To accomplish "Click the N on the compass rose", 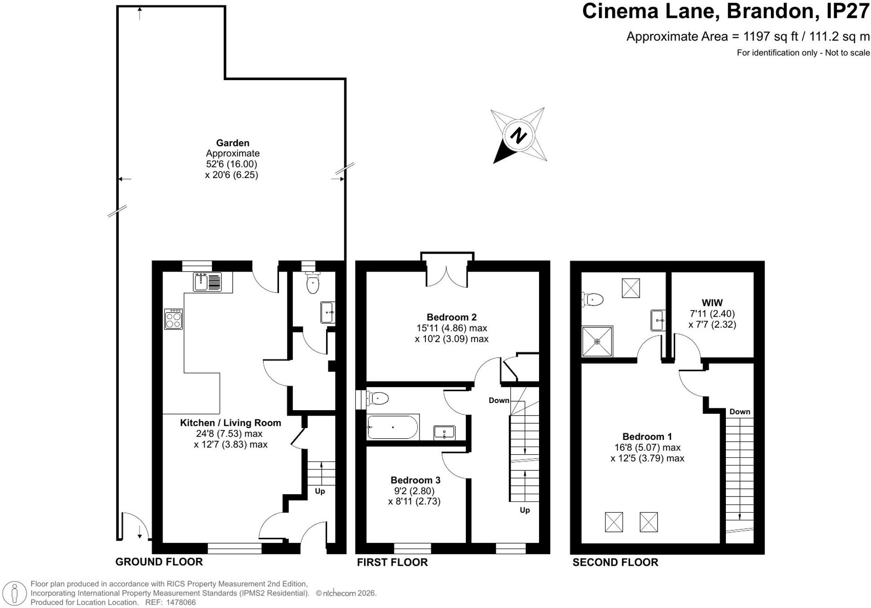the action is (518, 135).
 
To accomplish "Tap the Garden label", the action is (233, 143).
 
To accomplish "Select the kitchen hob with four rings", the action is (173, 319).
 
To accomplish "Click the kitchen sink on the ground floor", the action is (208, 282).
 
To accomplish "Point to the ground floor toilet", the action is (312, 282).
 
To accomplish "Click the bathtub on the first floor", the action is (393, 427).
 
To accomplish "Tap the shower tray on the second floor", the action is (597, 342).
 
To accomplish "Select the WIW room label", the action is (712, 303).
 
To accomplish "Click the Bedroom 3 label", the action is (415, 480).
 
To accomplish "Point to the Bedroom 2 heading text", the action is (451, 317).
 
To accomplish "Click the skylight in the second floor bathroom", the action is (631, 288).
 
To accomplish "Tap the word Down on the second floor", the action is (740, 411).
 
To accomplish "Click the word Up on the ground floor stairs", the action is (320, 491).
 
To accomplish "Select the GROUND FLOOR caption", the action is (159, 562).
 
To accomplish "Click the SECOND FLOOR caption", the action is (615, 562).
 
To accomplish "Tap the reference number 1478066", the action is (181, 602).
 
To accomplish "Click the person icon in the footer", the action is (15, 593).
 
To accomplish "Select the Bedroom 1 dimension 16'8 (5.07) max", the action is (647, 447).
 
